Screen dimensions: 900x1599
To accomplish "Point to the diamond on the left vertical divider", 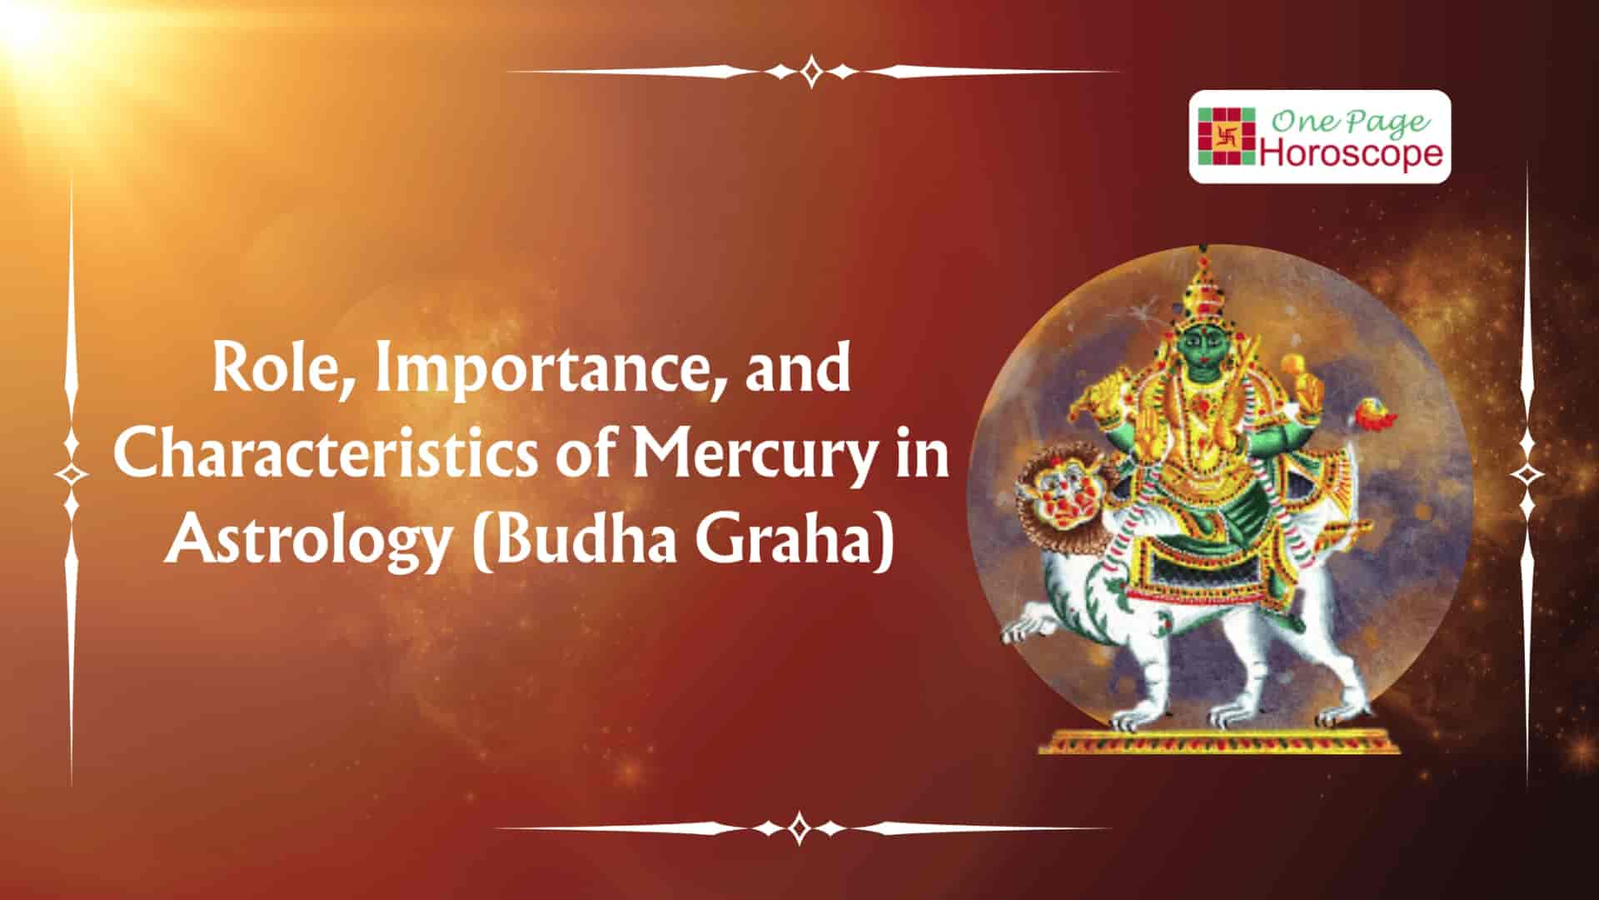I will (x=72, y=474).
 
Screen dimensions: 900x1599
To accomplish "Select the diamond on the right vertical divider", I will (x=1527, y=474).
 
